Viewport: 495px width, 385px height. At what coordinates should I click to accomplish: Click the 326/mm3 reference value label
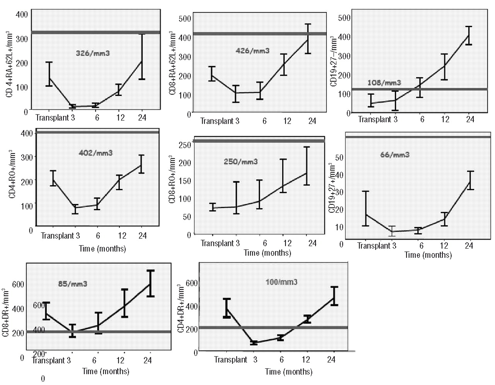coord(93,53)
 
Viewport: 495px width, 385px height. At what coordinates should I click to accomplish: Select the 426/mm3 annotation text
coord(253,51)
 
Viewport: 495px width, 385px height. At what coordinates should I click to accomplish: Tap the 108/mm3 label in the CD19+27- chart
coord(384,82)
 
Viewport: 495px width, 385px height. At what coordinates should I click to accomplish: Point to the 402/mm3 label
coord(96,153)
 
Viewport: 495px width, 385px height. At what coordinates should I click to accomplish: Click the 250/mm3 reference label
coord(241,162)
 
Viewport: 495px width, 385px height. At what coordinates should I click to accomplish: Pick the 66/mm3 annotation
coord(395,155)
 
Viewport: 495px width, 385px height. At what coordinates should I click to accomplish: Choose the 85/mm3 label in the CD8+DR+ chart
coord(73,284)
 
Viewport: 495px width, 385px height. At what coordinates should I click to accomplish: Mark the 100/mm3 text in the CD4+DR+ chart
coord(282,282)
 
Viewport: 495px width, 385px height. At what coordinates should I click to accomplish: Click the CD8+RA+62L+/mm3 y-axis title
coord(172,64)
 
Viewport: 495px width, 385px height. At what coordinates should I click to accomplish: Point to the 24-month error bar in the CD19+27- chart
coord(469,36)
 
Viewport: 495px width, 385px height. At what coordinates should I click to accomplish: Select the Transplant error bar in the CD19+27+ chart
coord(365,208)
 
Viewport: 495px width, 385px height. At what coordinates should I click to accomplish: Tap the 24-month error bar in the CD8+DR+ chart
coord(150,283)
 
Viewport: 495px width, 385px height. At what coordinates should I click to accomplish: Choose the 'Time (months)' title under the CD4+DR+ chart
coord(288,371)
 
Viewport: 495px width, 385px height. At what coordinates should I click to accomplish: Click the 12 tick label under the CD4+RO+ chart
coord(122,235)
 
